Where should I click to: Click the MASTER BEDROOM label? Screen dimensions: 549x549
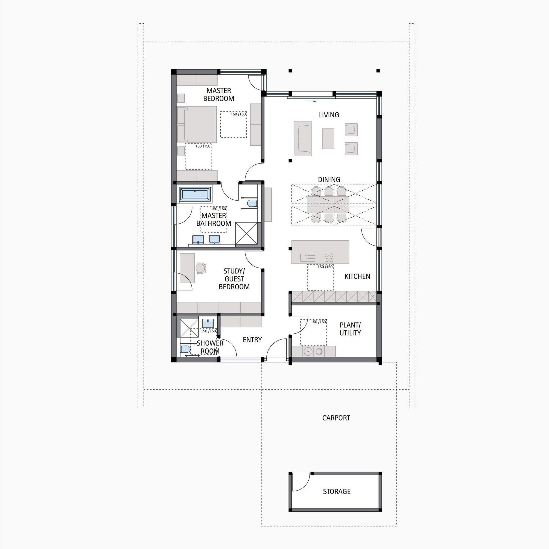point(219,95)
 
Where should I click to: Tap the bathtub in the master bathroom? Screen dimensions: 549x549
point(195,194)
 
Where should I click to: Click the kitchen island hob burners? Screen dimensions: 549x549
point(329,258)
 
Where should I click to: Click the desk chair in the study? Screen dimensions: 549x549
point(201,268)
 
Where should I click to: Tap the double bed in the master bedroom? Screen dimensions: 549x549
point(197,124)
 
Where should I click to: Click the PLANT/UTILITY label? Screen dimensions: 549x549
point(350,329)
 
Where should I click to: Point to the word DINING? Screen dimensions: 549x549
point(329,179)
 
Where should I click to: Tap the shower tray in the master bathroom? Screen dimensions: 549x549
point(246,234)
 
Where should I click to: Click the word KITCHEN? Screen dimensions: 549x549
point(357,276)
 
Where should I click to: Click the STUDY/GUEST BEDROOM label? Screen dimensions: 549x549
point(234,279)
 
